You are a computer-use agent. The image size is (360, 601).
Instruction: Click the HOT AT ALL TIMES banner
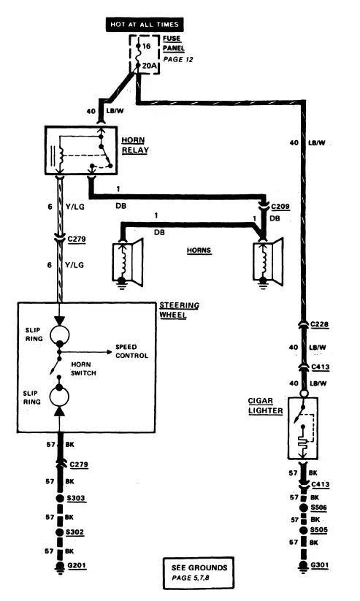pos(145,25)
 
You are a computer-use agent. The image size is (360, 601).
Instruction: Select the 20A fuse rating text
pos(150,66)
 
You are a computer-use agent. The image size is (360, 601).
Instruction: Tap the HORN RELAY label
pos(135,145)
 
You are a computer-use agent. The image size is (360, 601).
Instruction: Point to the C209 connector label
pos(280,207)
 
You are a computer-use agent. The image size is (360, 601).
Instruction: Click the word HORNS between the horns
pos(199,250)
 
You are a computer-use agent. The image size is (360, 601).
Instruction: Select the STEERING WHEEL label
pos(179,310)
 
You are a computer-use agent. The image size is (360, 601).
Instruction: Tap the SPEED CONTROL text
pos(131,351)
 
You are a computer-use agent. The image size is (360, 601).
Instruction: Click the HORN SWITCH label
pos(83,369)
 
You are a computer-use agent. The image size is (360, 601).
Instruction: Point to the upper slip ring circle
pos(59,334)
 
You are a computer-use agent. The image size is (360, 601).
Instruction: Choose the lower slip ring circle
pos(59,396)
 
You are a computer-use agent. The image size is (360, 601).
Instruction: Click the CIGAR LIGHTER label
pos(265,406)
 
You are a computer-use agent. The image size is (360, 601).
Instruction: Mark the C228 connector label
pos(319,325)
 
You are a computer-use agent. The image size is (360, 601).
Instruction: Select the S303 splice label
pos(75,498)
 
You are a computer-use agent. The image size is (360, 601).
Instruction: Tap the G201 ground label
pos(76,565)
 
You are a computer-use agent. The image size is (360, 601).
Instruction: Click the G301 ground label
pos(319,565)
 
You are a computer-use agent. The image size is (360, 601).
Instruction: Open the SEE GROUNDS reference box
pos(198,573)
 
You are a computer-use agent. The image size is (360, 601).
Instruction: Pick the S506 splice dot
pos(304,508)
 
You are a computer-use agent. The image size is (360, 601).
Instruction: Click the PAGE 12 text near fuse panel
pos(178,60)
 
